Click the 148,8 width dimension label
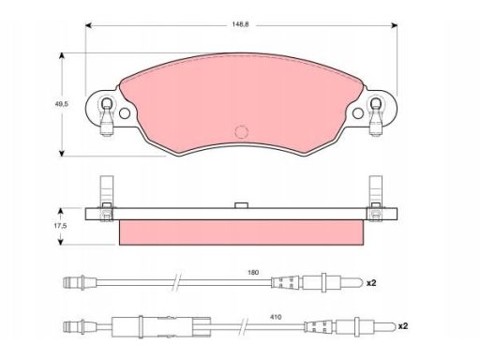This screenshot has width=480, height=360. (x=240, y=24)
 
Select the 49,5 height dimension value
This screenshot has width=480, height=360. (x=62, y=104)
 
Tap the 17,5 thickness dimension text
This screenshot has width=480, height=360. (x=60, y=226)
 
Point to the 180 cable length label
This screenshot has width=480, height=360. (x=253, y=273)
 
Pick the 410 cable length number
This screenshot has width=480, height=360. (x=276, y=317)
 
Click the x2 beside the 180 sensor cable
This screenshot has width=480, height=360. (x=371, y=283)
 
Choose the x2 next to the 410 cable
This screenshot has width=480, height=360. (x=403, y=326)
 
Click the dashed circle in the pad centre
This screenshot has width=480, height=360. (x=241, y=132)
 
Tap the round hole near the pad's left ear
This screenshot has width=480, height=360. (x=125, y=113)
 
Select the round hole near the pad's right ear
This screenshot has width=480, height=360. (x=358, y=113)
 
